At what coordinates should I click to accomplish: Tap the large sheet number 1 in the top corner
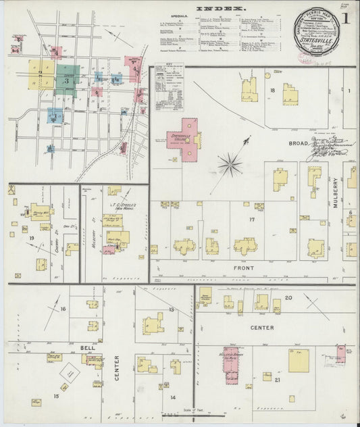(x=345, y=18)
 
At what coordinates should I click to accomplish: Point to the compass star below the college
(x=230, y=164)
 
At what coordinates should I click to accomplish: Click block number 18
(x=273, y=90)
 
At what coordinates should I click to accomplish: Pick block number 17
(x=251, y=220)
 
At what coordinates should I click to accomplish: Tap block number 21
(x=277, y=380)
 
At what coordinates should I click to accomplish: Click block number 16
(x=63, y=309)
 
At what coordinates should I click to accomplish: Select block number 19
(x=31, y=238)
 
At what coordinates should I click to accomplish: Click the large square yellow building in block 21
(x=299, y=361)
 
